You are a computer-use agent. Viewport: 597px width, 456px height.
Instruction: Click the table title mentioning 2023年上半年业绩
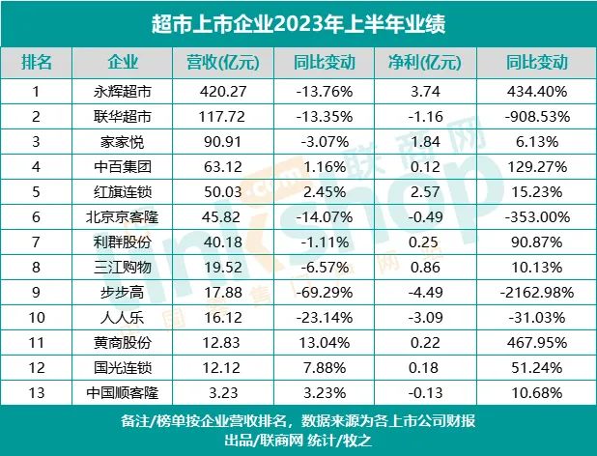(298, 22)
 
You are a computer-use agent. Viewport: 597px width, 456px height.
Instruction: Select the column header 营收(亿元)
(221, 64)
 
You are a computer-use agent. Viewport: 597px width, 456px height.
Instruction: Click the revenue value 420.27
(221, 93)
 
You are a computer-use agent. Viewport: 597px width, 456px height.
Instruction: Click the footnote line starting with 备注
(298, 420)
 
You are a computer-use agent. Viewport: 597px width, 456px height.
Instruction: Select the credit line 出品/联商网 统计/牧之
(298, 441)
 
